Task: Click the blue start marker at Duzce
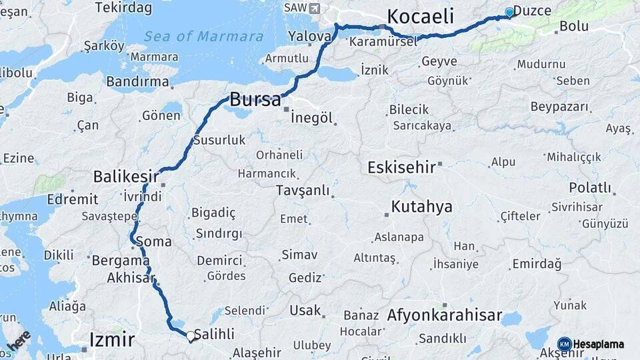pyautogui.click(x=510, y=12)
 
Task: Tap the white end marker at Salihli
pyautogui.click(x=191, y=337)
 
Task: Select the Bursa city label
pyautogui.click(x=255, y=100)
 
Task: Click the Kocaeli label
pyautogui.click(x=420, y=16)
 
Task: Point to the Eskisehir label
pyautogui.click(x=401, y=167)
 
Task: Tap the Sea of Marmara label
pyautogui.click(x=203, y=36)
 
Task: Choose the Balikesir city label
pyautogui.click(x=126, y=177)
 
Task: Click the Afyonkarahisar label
pyautogui.click(x=444, y=315)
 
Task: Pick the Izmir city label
pyautogui.click(x=111, y=340)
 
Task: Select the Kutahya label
pyautogui.click(x=421, y=207)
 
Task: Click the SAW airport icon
pyautogui.click(x=314, y=7)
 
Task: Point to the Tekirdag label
pyautogui.click(x=123, y=8)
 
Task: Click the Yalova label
pyautogui.click(x=309, y=36)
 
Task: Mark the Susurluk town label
pyautogui.click(x=219, y=141)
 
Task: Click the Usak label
pyautogui.click(x=305, y=311)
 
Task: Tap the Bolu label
pyautogui.click(x=574, y=27)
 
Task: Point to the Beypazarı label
pyautogui.click(x=560, y=107)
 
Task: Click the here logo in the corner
pyautogui.click(x=17, y=341)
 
